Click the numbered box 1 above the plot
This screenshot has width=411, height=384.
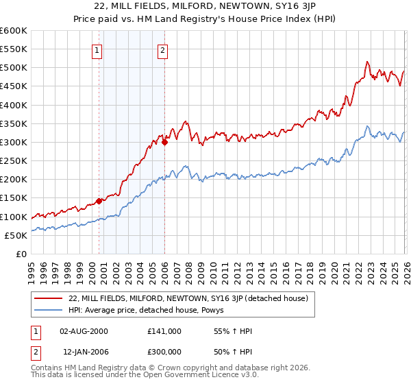tap(97, 49)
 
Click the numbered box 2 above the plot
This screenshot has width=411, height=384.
tap(163, 49)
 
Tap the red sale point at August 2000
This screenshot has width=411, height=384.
tap(99, 201)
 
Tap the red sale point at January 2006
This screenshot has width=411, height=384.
tap(165, 142)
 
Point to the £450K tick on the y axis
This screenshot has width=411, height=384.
tap(14, 86)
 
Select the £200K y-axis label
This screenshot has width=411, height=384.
tap(14, 180)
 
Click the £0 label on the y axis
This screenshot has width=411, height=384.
tap(21, 254)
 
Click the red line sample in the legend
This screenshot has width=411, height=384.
tap(49, 298)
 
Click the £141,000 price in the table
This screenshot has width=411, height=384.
tap(164, 331)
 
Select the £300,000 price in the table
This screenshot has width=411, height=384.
tap(164, 352)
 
